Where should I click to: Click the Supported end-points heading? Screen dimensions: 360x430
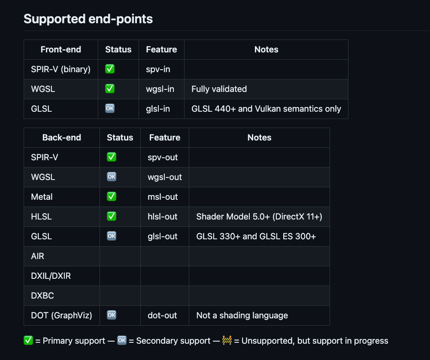pyautogui.click(x=88, y=19)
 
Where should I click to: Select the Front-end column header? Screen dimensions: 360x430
pyautogui.click(x=61, y=49)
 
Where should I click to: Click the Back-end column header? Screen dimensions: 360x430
pyautogui.click(x=61, y=137)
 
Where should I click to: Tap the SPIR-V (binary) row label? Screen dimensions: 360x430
pyautogui.click(x=61, y=69)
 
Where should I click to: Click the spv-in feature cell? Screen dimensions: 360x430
pyautogui.click(x=158, y=69)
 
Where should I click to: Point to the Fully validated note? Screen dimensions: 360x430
pyautogui.click(x=219, y=89)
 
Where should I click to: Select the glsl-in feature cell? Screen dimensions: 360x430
pyautogui.click(x=158, y=109)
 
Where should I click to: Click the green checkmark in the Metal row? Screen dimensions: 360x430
pyautogui.click(x=112, y=196)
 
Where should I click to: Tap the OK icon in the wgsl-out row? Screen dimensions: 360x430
pyautogui.click(x=112, y=177)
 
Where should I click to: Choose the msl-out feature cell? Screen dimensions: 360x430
pyautogui.click(x=162, y=197)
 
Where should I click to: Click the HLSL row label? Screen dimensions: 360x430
pyautogui.click(x=41, y=217)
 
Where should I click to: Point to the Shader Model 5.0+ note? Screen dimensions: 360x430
pyautogui.click(x=259, y=217)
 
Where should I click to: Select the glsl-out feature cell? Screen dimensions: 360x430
pyautogui.click(x=162, y=236)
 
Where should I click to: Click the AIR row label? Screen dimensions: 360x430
pyautogui.click(x=38, y=256)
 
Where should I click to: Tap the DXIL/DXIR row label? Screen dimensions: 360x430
pyautogui.click(x=51, y=276)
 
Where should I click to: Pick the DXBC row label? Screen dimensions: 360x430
pyautogui.click(x=42, y=296)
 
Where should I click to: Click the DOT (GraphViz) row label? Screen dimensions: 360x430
pyautogui.click(x=61, y=315)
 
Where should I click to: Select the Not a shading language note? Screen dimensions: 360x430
pyautogui.click(x=242, y=315)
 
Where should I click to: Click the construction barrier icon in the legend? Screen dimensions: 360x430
pyautogui.click(x=227, y=340)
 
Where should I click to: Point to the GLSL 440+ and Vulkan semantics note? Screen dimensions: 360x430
pyautogui.click(x=266, y=109)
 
